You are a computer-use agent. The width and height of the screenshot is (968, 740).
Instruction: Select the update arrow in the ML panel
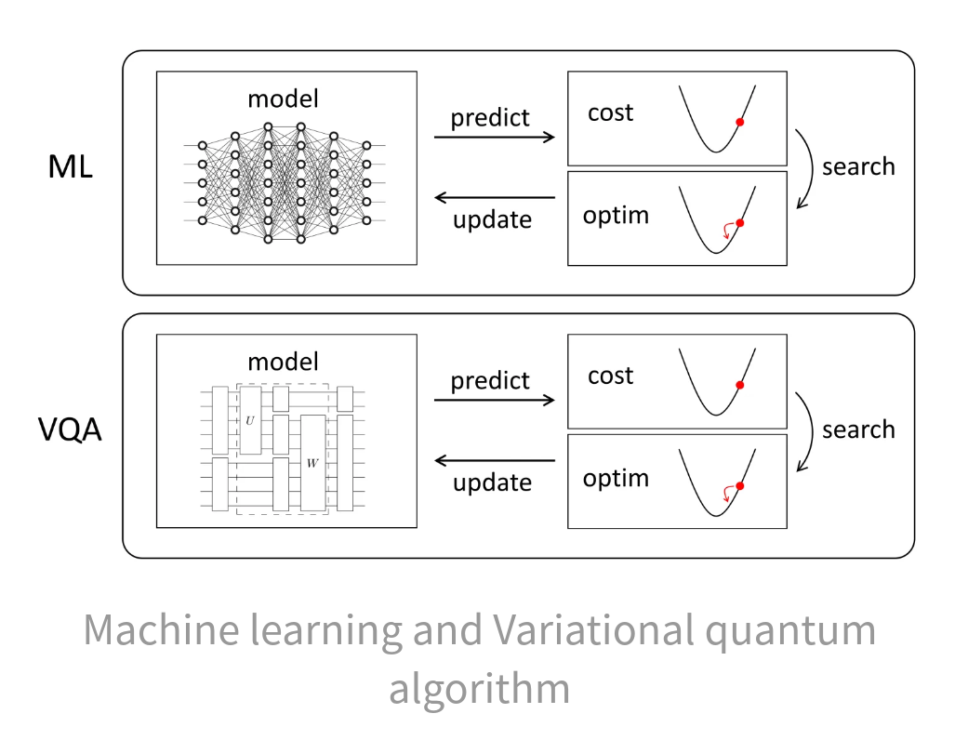click(494, 197)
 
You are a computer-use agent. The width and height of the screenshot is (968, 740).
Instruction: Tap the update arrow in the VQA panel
click(494, 460)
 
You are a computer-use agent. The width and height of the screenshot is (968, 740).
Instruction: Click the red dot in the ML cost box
click(739, 122)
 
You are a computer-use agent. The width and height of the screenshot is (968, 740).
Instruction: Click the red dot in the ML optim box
click(739, 223)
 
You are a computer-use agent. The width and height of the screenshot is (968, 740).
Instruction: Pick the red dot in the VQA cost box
click(739, 385)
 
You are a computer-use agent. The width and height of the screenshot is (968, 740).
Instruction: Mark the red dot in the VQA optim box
click(739, 486)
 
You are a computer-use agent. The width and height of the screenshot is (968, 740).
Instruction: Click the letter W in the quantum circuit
click(312, 462)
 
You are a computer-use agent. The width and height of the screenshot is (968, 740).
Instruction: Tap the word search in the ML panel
click(857, 167)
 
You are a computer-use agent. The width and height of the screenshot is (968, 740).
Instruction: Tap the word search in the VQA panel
click(857, 430)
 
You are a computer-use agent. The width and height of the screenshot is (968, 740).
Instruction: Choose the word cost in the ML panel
click(610, 113)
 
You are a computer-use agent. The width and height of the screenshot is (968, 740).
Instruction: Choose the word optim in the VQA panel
click(616, 480)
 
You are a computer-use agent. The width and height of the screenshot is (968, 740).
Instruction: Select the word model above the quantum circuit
click(283, 362)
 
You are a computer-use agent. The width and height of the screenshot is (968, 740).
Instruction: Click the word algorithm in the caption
click(479, 690)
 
